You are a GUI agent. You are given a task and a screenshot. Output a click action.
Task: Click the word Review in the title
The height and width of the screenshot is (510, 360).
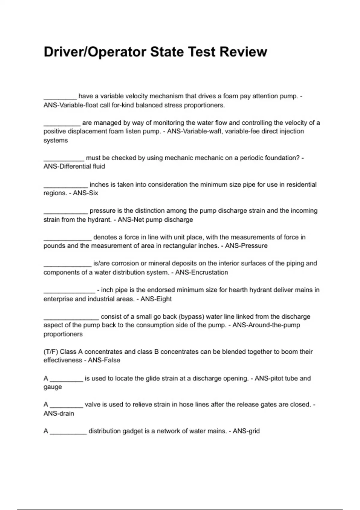243,52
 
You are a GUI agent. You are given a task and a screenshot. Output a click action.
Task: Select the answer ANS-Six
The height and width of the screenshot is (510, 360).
85,193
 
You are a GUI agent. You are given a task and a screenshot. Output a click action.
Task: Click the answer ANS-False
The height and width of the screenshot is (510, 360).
104,360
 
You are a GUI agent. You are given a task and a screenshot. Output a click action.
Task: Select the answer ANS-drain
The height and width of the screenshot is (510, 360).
59,413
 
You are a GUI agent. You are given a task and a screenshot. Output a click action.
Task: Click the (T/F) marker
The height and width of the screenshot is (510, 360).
51,352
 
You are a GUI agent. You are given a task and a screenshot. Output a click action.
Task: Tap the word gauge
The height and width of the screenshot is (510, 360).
53,387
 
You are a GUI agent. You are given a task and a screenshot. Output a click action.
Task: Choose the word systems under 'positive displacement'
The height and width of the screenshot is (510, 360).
56,140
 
